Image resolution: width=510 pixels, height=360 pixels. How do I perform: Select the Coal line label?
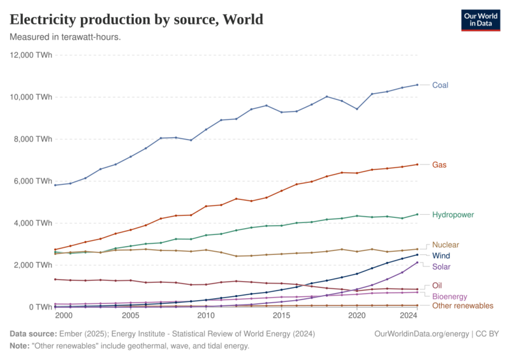tap(441, 84)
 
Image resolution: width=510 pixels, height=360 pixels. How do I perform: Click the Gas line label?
tap(439, 164)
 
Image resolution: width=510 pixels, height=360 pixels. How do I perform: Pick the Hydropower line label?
tap(453, 215)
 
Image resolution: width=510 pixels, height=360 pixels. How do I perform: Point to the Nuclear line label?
tap(446, 245)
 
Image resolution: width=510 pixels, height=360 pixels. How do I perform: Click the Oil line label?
tap(437, 285)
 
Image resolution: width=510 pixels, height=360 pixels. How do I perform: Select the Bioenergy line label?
tap(450, 296)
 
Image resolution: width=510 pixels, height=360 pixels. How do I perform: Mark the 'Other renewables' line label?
tap(463, 306)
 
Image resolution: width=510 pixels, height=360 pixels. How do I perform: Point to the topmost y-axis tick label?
tap(31, 55)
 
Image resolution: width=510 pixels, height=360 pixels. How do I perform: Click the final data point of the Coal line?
tap(418, 84)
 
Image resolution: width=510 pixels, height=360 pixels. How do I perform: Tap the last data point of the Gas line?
tap(418, 164)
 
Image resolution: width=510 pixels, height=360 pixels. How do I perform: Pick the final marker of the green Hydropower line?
tap(418, 214)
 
